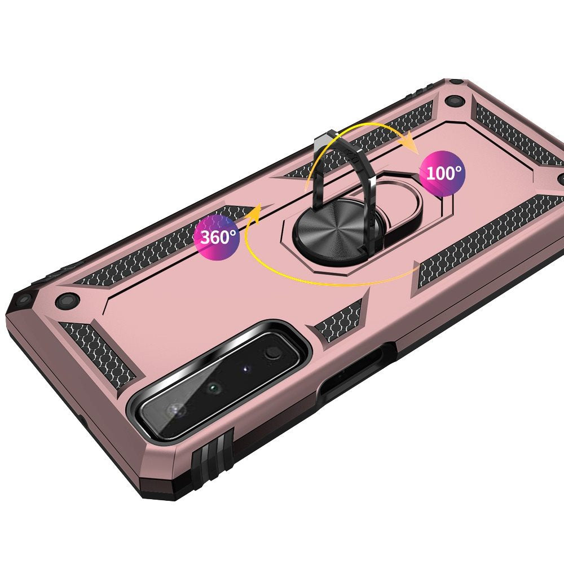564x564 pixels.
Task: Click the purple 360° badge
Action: coord(217,237)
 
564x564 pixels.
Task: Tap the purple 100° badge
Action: coord(442,173)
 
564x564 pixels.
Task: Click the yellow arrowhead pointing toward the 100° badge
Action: coord(410,143)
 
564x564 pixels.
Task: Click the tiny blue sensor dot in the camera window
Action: coord(246,369)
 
